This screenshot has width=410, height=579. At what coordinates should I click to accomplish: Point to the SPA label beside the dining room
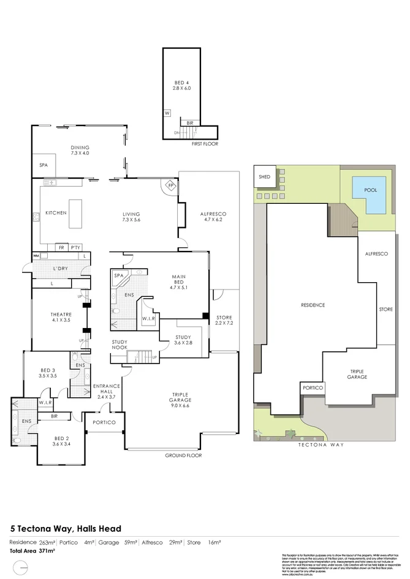point(44,165)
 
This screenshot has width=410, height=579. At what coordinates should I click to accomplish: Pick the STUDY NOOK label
point(120,345)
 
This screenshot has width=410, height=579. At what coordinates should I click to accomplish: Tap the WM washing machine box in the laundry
point(36,255)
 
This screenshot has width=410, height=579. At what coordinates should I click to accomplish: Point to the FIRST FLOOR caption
point(205,144)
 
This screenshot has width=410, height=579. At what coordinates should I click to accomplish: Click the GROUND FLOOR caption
point(183,455)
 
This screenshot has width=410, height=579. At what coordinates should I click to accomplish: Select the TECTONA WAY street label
point(325,445)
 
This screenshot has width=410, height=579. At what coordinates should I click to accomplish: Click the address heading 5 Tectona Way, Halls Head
point(66,528)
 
